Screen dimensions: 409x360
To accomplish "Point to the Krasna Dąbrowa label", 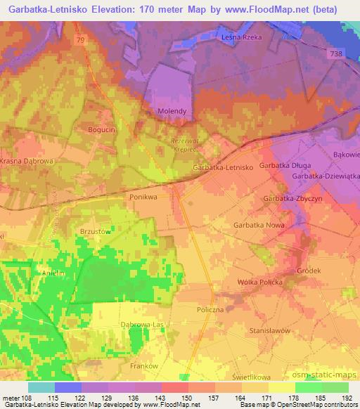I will (x=27, y=161).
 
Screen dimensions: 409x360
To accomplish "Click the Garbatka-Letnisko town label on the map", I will (x=222, y=168).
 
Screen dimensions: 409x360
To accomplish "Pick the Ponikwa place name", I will (x=144, y=197).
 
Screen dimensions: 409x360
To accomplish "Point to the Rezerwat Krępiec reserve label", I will (x=186, y=145).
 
